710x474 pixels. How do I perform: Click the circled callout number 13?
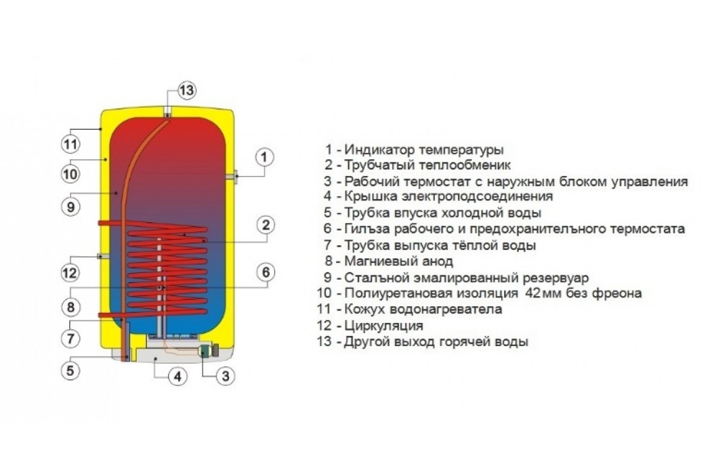186,91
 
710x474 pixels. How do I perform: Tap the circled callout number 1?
264,157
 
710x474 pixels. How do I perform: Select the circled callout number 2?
265,225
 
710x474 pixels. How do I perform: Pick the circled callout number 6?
265,272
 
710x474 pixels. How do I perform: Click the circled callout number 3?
225,376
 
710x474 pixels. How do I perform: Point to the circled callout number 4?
178,377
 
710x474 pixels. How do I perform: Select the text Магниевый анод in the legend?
399,261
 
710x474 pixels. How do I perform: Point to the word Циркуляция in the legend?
384,325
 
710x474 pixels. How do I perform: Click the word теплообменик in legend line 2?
465,165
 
